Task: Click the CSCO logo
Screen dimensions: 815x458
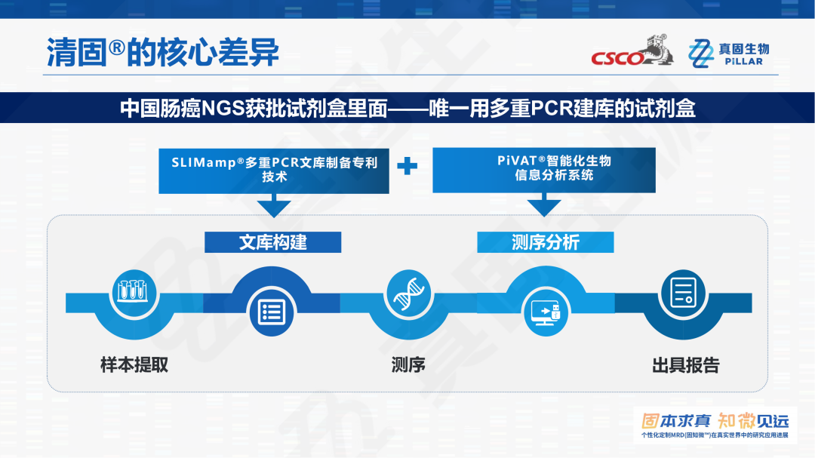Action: pyautogui.click(x=632, y=51)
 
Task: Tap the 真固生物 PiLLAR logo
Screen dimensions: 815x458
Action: pyautogui.click(x=729, y=54)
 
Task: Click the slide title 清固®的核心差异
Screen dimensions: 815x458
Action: pyautogui.click(x=163, y=53)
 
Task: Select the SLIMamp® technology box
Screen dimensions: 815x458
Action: pyautogui.click(x=274, y=171)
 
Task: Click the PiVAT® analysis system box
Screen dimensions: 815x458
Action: pyautogui.click(x=543, y=170)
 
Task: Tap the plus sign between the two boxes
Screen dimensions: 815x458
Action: pyautogui.click(x=407, y=166)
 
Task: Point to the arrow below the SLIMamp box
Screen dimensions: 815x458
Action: pyautogui.click(x=274, y=205)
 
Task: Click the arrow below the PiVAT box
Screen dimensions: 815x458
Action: pyautogui.click(x=543, y=204)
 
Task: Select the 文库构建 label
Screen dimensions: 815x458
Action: pyautogui.click(x=273, y=242)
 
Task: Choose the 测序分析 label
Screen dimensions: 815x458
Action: pyautogui.click(x=546, y=242)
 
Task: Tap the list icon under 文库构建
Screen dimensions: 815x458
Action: pyautogui.click(x=272, y=312)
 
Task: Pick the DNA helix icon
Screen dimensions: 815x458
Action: pyautogui.click(x=408, y=293)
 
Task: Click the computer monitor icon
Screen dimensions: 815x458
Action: pyautogui.click(x=546, y=313)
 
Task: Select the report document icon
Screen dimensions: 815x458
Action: pyautogui.click(x=684, y=292)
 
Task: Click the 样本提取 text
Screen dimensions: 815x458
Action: pyautogui.click(x=134, y=365)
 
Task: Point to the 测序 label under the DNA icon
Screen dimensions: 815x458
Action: pyautogui.click(x=408, y=365)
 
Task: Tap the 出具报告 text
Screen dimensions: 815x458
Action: pyautogui.click(x=685, y=365)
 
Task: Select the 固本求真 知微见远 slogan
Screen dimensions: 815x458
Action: pyautogui.click(x=715, y=421)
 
